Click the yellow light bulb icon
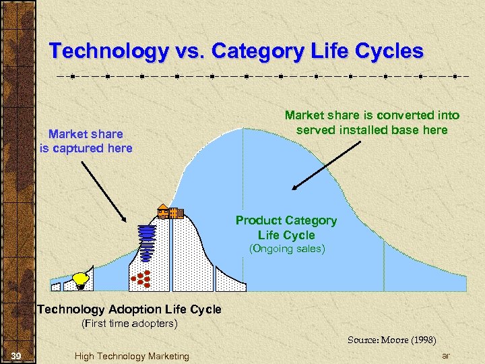[82, 279]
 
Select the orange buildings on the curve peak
[170, 212]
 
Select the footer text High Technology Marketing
[132, 356]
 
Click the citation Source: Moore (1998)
[391, 340]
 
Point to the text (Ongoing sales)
[286, 249]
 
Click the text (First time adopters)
[129, 324]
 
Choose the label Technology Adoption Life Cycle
[129, 309]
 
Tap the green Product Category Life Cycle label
[286, 228]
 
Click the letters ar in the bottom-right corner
[445, 355]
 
